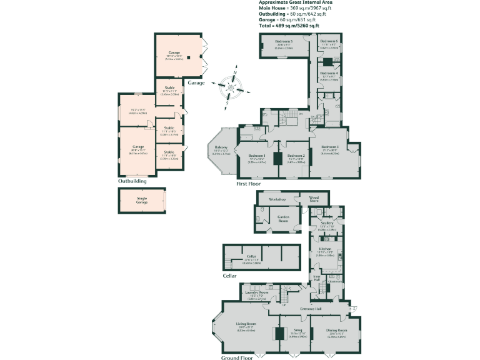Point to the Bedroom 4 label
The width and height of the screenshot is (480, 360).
[329, 73]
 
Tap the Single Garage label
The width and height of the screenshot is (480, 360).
[142, 200]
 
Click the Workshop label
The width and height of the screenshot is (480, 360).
[277, 199]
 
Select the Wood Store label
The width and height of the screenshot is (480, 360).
[314, 199]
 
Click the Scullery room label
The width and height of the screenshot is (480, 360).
[327, 222]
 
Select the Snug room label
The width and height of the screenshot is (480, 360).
[297, 331]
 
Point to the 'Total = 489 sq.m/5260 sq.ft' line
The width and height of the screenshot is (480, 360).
[289, 26]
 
